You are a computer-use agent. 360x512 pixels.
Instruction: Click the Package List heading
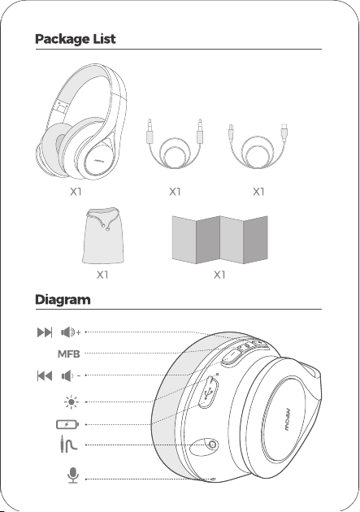(x=75, y=39)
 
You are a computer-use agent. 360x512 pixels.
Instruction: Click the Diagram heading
(x=63, y=300)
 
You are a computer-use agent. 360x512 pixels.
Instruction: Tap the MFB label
(x=68, y=354)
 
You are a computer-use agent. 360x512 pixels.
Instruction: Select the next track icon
(x=45, y=332)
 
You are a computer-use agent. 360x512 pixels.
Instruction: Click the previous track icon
(x=45, y=375)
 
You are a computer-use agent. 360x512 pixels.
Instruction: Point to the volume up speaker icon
(x=71, y=332)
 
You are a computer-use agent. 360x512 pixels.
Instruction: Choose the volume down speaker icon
(x=71, y=375)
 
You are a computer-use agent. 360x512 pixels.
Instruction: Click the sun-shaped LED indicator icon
(x=72, y=402)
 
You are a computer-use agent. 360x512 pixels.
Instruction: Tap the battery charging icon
(x=67, y=424)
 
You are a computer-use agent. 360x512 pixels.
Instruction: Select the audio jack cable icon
(x=67, y=444)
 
